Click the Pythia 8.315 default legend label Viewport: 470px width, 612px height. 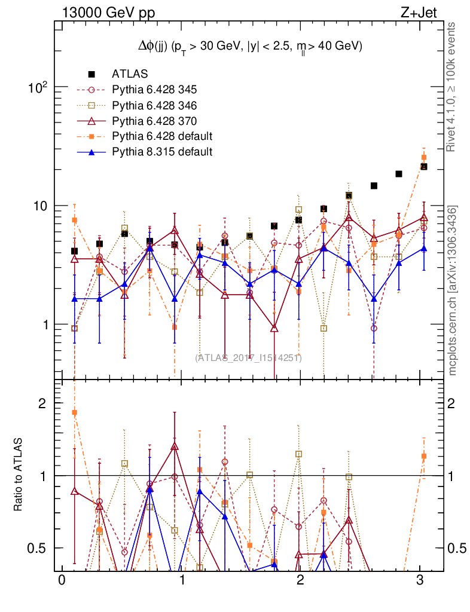(162, 152)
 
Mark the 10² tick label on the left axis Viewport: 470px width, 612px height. (39, 88)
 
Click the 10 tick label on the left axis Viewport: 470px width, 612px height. (41, 206)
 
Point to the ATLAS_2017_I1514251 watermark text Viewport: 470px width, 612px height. (248, 358)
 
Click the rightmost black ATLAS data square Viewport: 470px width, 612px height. (423, 167)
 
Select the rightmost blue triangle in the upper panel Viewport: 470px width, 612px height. (423, 248)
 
